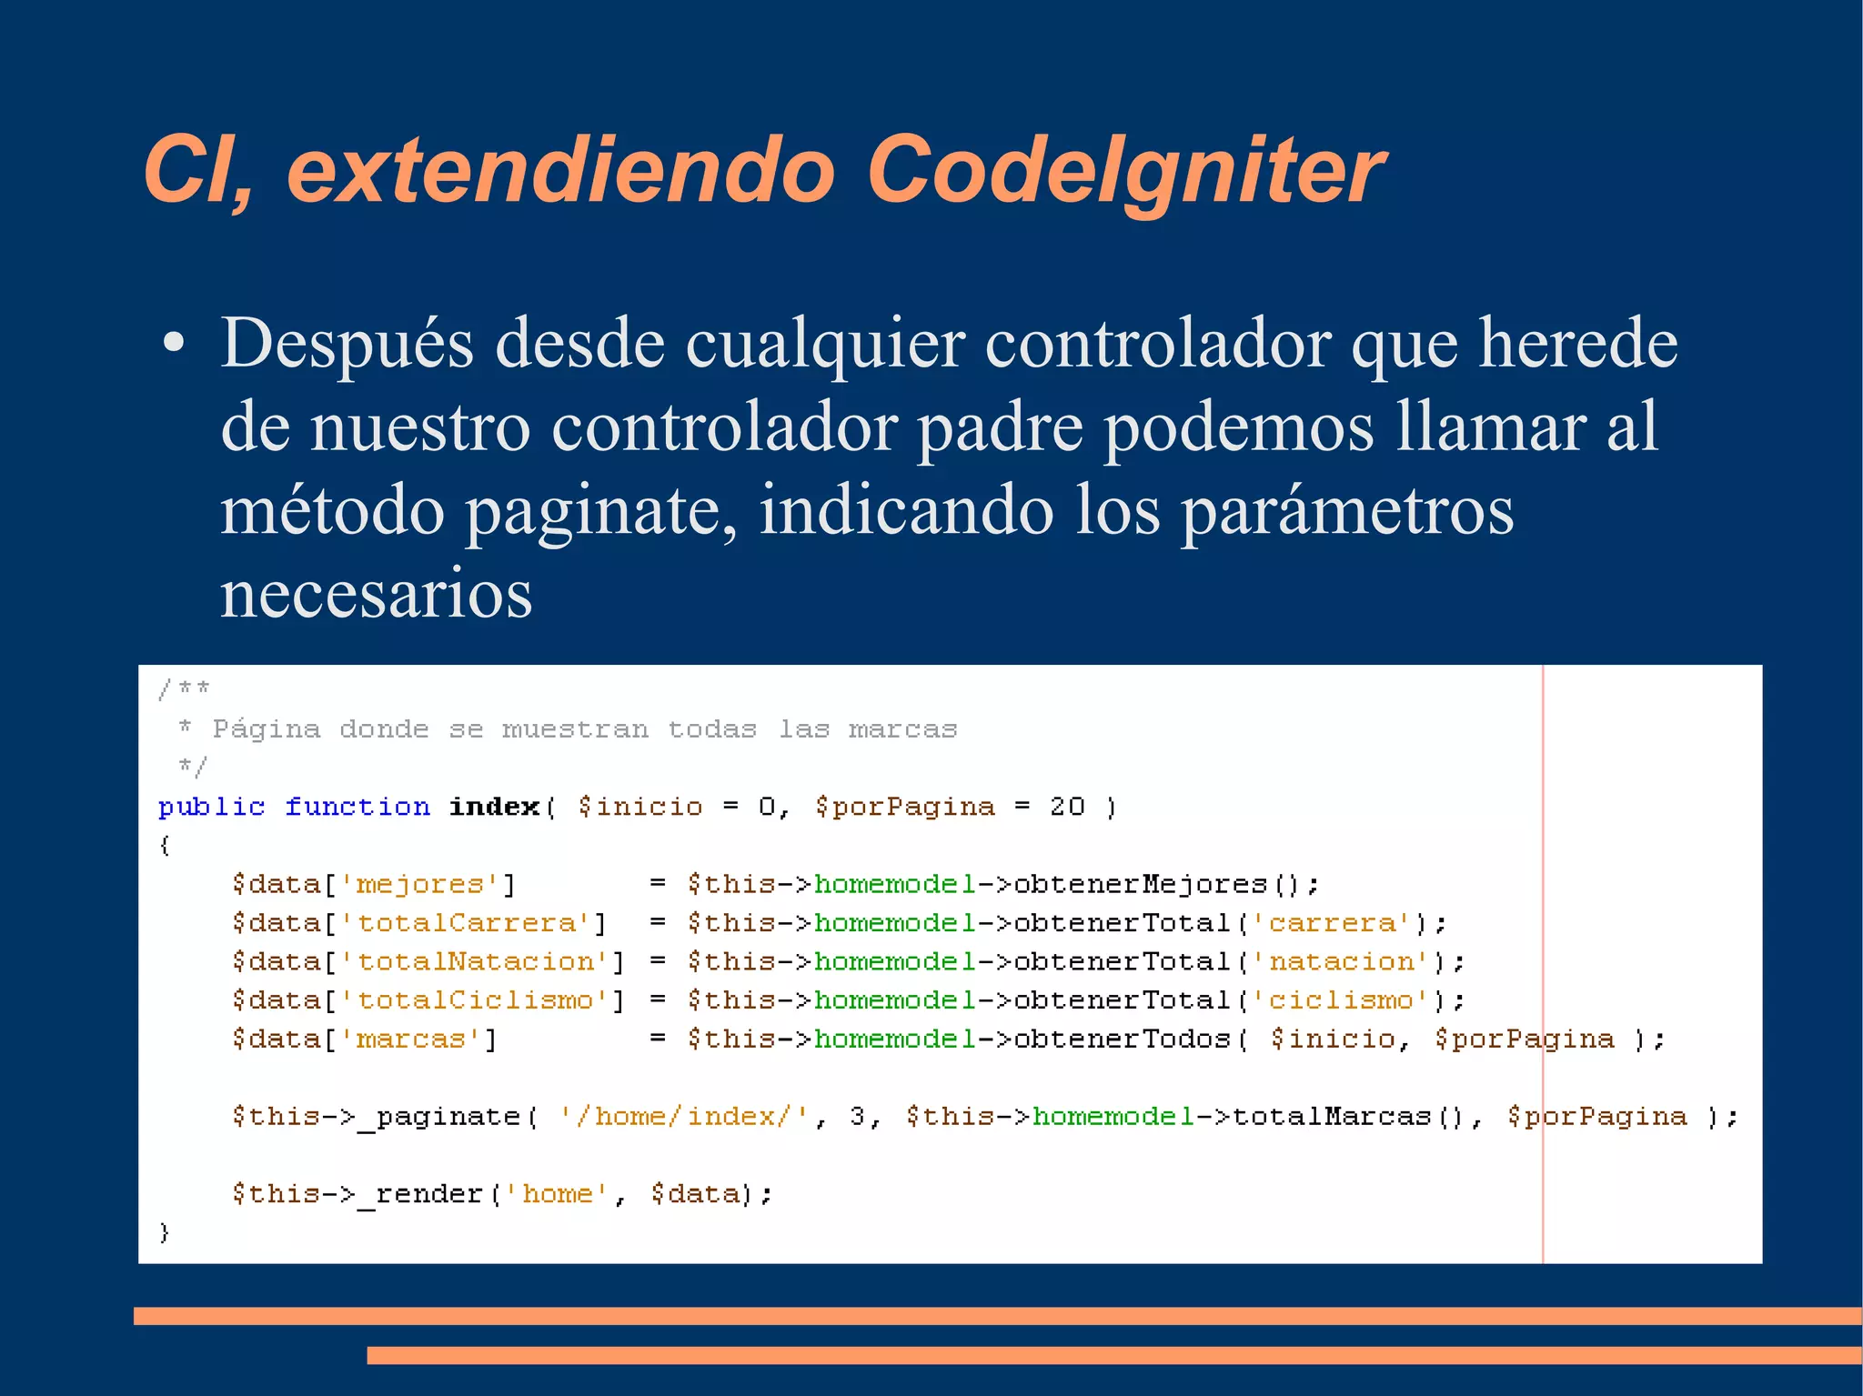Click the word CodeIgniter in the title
click(1125, 171)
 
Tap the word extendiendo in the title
click(560, 171)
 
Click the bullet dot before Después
click(173, 344)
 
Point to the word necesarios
click(376, 594)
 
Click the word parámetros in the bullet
click(1347, 511)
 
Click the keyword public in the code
click(211, 807)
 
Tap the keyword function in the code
click(357, 807)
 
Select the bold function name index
click(494, 807)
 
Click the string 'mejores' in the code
click(419, 884)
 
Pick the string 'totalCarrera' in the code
click(466, 923)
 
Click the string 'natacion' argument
click(1342, 961)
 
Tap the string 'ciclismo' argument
click(1342, 1000)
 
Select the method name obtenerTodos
click(1122, 1039)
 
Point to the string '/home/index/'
click(684, 1116)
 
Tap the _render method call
click(420, 1193)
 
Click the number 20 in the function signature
click(1067, 807)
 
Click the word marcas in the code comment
click(902, 729)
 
